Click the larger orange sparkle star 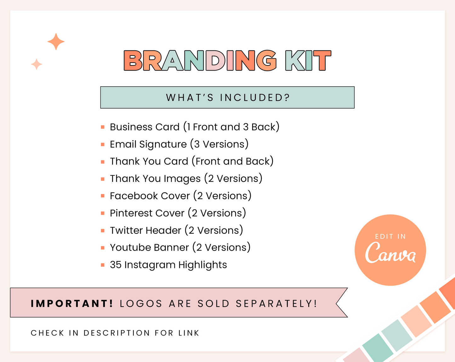coord(56,42)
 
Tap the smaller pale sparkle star coord(37,64)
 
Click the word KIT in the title coord(308,60)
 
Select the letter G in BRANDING coord(266,60)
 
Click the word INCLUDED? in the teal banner coord(255,98)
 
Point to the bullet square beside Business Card coord(103,127)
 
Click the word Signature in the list coord(163,144)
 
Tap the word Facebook coord(134,196)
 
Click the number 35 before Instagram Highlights coord(116,265)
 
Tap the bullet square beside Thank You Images coord(103,179)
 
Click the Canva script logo coord(390,253)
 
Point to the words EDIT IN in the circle coord(390,236)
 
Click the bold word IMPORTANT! coord(72,303)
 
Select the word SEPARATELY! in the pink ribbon coord(276,303)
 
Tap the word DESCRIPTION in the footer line coord(117,333)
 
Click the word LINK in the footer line coord(189,333)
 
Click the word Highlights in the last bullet coord(202,265)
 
